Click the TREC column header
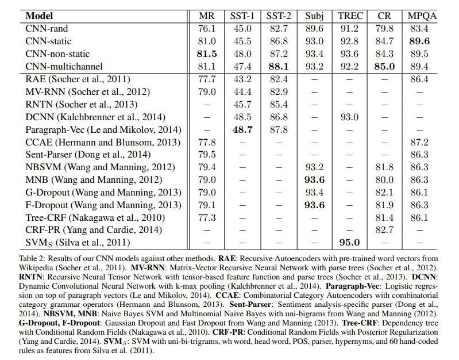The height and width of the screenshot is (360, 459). click(x=350, y=16)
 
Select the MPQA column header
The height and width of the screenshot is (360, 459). click(x=422, y=16)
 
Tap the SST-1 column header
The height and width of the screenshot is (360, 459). click(x=242, y=16)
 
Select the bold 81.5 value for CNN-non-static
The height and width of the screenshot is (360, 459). click(x=207, y=53)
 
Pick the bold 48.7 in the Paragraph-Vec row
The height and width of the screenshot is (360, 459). click(x=242, y=129)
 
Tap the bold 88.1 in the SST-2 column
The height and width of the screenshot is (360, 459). click(x=278, y=66)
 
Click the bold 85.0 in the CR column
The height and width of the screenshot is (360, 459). click(x=385, y=66)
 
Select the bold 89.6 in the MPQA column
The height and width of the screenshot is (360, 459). click(x=422, y=41)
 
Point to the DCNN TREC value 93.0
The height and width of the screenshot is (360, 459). click(x=349, y=117)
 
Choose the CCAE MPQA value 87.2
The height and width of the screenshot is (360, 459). click(x=422, y=142)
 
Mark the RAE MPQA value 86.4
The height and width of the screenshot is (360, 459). click(x=422, y=79)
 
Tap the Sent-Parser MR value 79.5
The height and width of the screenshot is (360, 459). click(x=207, y=155)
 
